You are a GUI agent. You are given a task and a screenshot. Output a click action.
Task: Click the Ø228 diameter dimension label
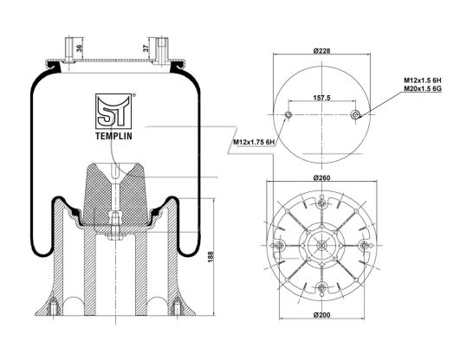coord(321,51)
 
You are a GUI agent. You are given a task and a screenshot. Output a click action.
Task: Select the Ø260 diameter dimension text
coord(321,177)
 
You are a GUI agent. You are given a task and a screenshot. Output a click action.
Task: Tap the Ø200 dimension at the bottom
coord(321,315)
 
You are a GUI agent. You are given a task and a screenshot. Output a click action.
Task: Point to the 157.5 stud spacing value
coord(321,98)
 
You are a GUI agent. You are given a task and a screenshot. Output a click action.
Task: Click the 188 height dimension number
coord(211,256)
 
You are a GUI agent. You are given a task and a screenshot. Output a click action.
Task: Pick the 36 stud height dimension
coord(79,48)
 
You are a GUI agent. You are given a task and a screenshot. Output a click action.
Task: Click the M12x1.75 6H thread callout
coord(254,142)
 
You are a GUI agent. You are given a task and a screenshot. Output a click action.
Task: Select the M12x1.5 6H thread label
coord(423,80)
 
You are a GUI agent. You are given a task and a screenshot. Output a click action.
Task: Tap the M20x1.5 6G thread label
coord(423,88)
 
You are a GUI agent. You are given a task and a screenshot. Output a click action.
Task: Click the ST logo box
coord(113,112)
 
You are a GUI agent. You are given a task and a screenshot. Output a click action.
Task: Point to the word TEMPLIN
coord(113,136)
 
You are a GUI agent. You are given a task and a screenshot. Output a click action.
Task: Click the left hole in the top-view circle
coord(288,114)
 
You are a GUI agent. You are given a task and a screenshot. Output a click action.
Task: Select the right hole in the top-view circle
coord(356,114)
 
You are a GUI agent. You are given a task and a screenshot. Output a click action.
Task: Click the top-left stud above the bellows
coord(69,50)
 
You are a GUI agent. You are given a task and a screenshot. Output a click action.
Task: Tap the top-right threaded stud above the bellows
coord(163,50)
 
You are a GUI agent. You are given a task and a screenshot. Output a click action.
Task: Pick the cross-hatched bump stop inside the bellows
coord(114,194)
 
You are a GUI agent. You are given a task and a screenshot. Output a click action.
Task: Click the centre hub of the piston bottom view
coord(321,246)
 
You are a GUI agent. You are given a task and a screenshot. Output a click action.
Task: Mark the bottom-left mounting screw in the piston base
coord(54,307)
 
